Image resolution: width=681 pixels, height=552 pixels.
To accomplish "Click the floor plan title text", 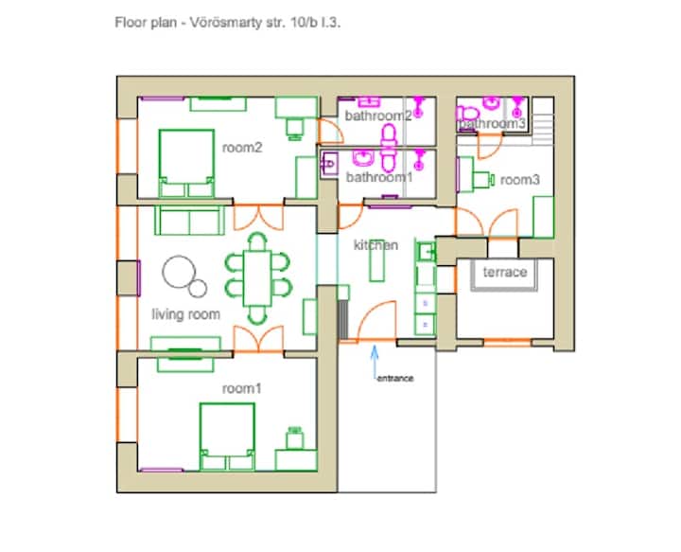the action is pos(227,23).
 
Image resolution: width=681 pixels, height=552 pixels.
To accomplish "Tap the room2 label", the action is pos(242,148).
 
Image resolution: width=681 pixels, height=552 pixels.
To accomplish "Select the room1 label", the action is pos(242,388).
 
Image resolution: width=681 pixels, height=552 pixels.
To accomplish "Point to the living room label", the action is pos(186,314).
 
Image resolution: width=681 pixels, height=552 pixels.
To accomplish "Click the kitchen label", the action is pos(375,245).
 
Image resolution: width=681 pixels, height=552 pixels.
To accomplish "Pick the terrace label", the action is pos(505,272).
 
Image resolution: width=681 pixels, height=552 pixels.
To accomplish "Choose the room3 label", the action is pos(520,180).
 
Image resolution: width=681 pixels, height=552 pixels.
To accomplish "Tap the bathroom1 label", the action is pos(379,177).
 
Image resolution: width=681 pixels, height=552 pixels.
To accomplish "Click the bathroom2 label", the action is pos(378,116).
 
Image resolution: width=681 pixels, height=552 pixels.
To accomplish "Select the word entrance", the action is pos(395,378).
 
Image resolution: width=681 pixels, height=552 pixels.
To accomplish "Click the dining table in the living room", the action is pos(257,278).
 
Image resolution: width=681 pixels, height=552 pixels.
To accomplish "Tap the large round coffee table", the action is pos(179,272).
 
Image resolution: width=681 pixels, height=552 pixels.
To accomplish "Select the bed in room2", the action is pos(186,164).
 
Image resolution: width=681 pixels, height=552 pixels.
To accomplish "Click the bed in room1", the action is pos(227,436).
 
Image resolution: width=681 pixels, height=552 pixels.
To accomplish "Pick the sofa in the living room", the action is pos(190,220).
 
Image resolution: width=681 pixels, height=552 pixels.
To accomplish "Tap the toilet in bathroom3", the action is pos(468,114).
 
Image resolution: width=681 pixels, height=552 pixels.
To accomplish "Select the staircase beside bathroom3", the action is pos(543,121).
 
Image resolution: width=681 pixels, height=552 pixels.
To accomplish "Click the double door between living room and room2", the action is pos(258,218).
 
